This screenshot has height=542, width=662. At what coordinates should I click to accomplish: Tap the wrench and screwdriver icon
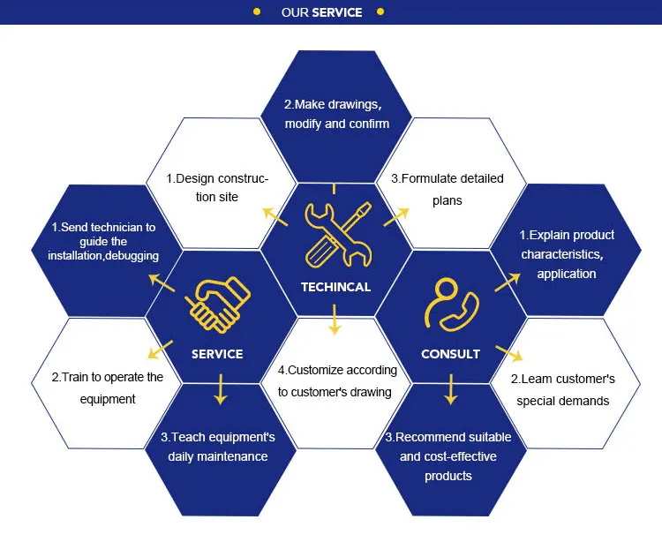[335, 235]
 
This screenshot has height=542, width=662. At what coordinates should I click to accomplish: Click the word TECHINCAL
[335, 287]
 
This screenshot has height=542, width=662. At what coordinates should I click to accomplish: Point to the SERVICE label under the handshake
[217, 354]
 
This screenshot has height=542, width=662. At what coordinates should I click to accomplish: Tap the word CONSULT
[450, 354]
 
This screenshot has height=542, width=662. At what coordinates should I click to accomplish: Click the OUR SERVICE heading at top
[321, 12]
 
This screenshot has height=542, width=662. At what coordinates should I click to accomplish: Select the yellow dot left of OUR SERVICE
[257, 12]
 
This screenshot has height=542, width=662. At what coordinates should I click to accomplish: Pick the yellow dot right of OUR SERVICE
[380, 12]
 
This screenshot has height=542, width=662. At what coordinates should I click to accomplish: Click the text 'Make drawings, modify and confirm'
[336, 114]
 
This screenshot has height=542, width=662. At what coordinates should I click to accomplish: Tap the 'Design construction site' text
[218, 188]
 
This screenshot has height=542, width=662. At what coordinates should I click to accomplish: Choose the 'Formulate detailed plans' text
[452, 189]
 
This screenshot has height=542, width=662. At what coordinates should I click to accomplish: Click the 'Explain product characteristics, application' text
[566, 254]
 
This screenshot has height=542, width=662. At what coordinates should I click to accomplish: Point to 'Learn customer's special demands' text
[562, 389]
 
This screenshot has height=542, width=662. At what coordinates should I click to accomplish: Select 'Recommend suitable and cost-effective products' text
[448, 456]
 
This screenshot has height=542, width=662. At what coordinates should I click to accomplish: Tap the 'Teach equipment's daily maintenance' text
[218, 447]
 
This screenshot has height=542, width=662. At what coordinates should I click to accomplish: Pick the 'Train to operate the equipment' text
[106, 388]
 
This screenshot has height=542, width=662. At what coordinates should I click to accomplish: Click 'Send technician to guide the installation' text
[104, 241]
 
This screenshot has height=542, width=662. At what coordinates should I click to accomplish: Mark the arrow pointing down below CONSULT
[451, 389]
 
